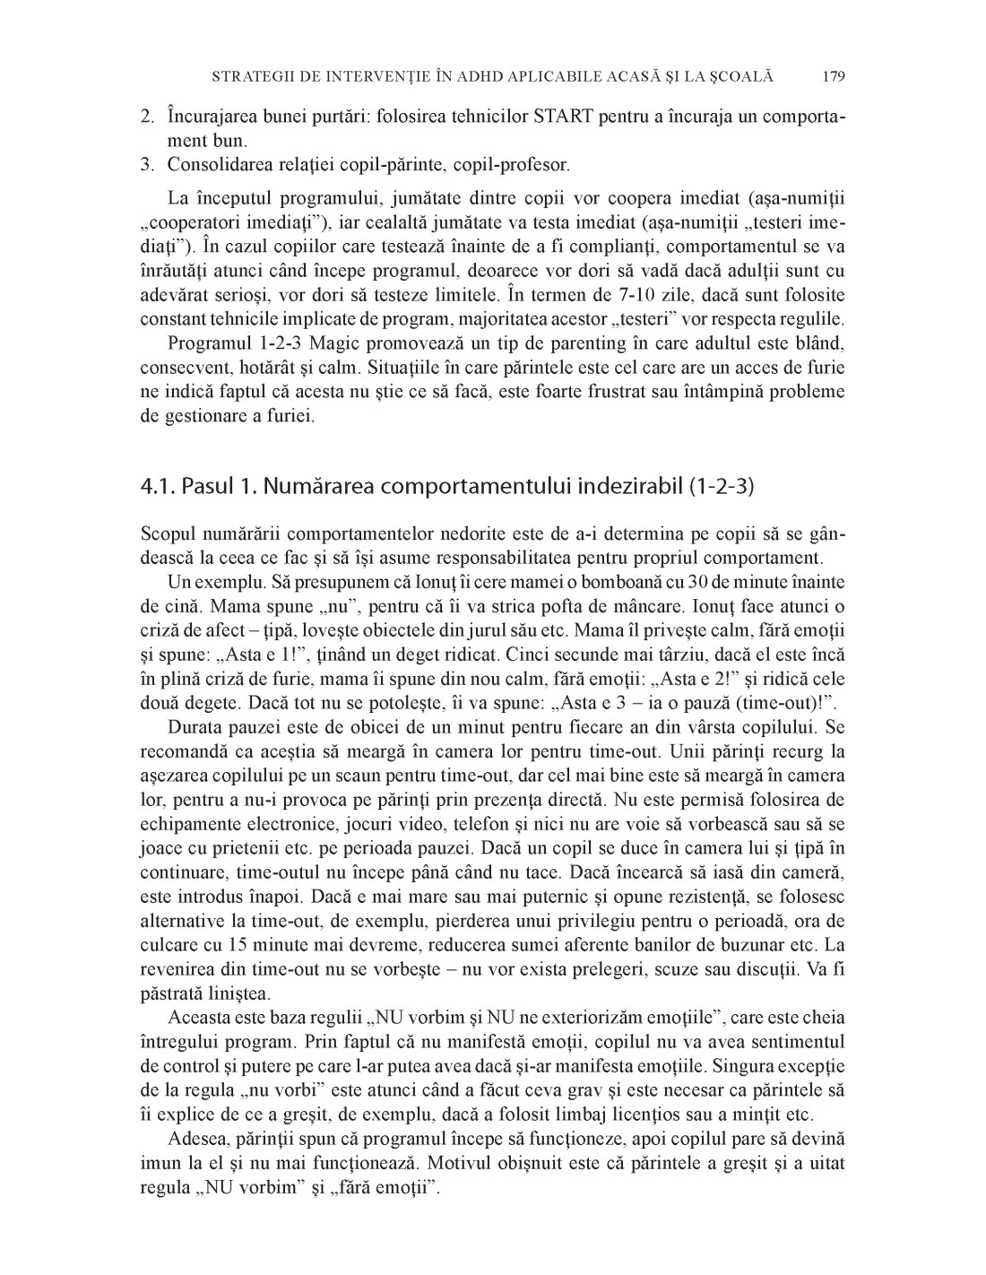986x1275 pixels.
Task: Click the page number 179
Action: tap(833, 77)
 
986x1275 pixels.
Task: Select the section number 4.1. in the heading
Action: tap(158, 487)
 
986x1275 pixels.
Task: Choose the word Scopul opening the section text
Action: tap(168, 534)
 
